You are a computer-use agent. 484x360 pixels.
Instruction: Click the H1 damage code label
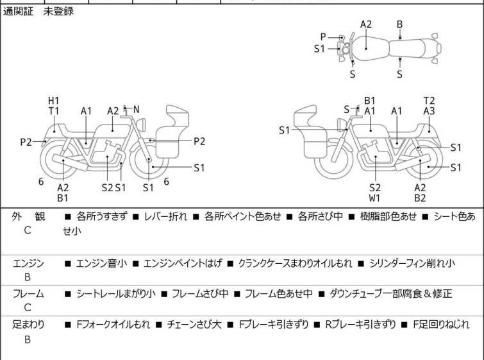54,101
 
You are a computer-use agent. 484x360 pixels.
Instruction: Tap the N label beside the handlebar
136,109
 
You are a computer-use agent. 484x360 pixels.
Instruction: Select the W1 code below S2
374,198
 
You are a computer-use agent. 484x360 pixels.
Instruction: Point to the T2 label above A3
429,101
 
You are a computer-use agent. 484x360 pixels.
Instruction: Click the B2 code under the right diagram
420,198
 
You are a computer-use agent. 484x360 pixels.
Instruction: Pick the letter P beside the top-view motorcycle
323,37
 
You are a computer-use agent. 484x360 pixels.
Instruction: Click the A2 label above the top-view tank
366,24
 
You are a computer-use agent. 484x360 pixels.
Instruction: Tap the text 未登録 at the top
58,12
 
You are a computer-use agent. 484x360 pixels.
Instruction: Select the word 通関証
18,12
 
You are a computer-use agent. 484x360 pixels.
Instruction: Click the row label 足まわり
28,325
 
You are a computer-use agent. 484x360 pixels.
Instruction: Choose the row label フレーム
28,293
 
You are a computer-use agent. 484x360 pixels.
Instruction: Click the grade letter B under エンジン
28,277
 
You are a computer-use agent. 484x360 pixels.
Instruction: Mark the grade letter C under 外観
28,230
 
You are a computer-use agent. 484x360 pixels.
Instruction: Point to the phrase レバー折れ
166,216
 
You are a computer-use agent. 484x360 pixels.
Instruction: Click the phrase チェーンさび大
194,325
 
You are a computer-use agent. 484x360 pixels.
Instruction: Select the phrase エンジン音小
101,263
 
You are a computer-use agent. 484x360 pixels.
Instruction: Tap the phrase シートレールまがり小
116,293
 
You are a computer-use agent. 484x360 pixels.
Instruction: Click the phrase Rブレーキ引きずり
360,325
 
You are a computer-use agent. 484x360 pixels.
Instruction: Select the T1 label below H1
54,111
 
